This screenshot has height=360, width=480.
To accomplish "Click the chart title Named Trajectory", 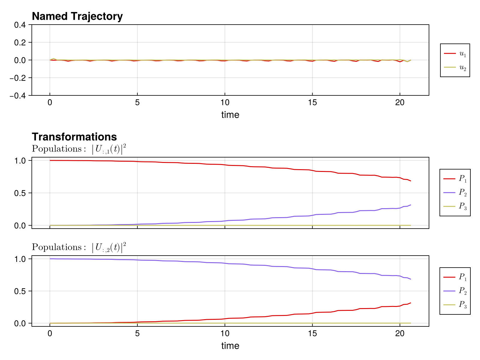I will click(x=77, y=16).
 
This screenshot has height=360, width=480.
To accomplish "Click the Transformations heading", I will click(x=74, y=137).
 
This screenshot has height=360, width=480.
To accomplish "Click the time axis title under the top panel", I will click(x=230, y=115).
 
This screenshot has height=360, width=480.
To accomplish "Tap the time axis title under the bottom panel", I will click(x=230, y=346).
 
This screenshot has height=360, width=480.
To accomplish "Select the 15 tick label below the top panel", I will click(x=312, y=103).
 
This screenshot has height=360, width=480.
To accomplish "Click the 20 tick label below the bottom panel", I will click(x=400, y=334).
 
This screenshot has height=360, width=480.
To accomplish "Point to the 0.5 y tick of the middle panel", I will click(x=21, y=193).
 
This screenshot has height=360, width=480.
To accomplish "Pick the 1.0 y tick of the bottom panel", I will click(x=21, y=259).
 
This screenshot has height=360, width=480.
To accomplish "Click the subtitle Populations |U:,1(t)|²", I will click(x=79, y=149).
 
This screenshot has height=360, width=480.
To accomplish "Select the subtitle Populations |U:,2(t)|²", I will click(x=79, y=247).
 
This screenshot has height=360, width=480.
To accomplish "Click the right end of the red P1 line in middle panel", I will click(x=410, y=181).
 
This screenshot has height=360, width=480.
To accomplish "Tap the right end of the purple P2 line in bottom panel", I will click(x=410, y=279).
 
